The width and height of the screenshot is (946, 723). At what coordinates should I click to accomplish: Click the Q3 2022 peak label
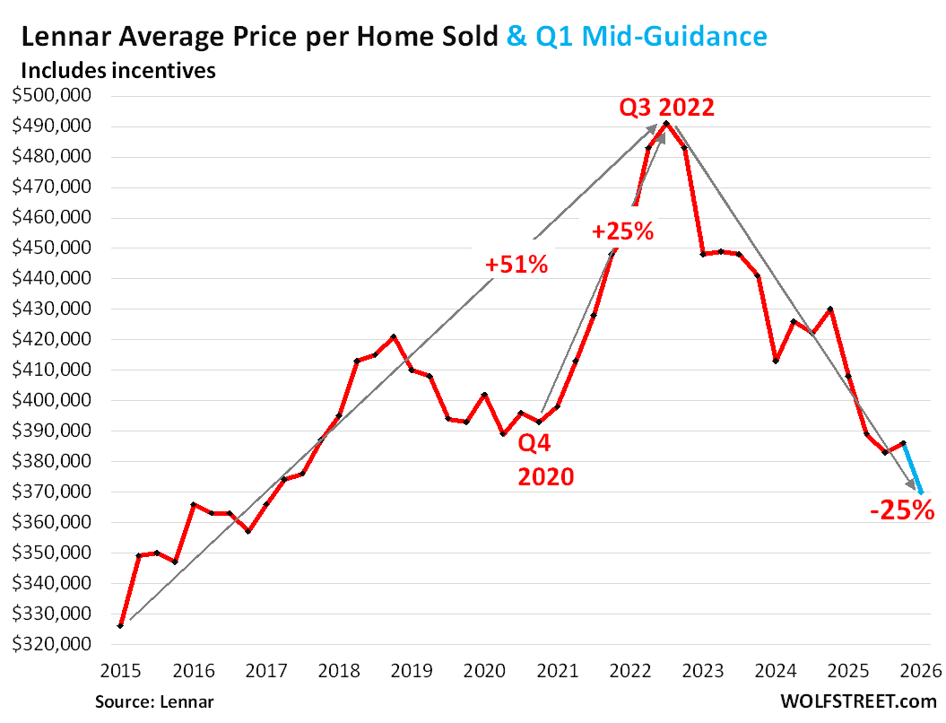666,109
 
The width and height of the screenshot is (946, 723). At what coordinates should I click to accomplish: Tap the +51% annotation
516,265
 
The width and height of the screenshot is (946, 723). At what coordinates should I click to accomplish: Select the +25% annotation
622,231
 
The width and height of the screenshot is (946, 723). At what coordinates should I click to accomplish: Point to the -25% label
902,512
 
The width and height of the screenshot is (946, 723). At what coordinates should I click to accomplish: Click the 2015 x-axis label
120,670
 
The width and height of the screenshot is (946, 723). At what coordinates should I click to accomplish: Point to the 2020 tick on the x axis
484,670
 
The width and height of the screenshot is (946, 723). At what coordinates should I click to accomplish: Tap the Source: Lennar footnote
155,701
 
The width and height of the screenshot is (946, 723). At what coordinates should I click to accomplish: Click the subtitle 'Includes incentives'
117,70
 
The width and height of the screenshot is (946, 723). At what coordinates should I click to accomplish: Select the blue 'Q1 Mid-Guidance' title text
637,37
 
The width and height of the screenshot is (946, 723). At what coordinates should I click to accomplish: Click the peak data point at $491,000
665,123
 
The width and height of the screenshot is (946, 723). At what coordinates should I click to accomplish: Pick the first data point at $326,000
120,625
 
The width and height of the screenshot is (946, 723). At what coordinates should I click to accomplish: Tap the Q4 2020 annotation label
545,458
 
